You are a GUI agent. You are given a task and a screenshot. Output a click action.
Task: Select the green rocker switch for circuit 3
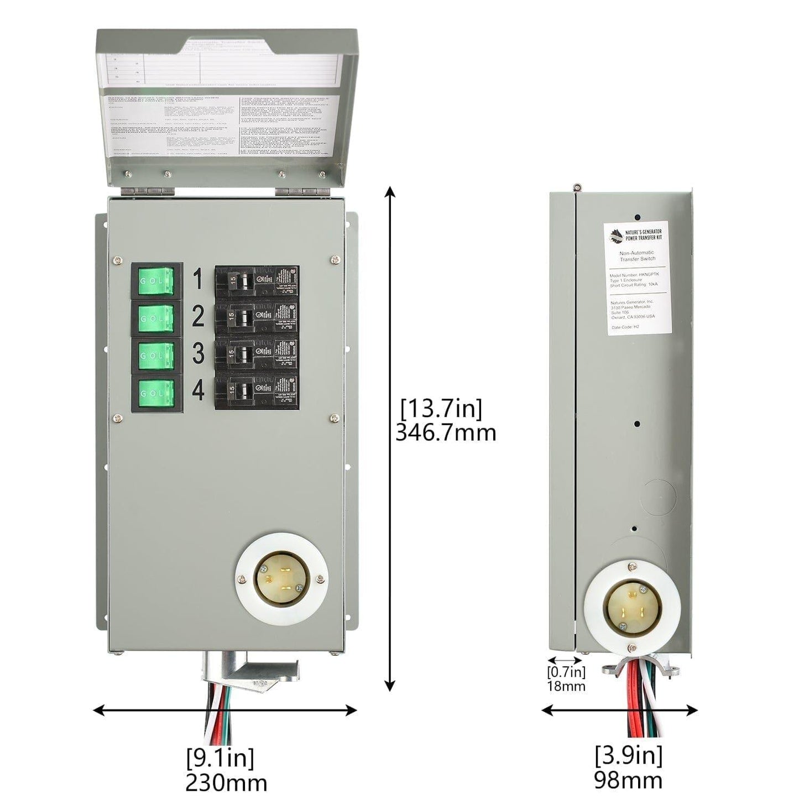[x=156, y=355]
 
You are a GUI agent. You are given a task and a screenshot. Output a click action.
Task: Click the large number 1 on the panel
[x=198, y=280]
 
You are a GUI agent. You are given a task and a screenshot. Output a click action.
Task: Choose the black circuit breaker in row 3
[x=257, y=354]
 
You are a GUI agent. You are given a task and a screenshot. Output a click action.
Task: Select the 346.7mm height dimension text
[x=446, y=432]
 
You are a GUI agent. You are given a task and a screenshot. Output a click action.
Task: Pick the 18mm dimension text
[x=566, y=686]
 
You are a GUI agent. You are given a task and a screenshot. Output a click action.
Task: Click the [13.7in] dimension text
[x=441, y=409]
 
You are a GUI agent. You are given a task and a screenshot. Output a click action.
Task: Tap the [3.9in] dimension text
[x=628, y=754]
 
